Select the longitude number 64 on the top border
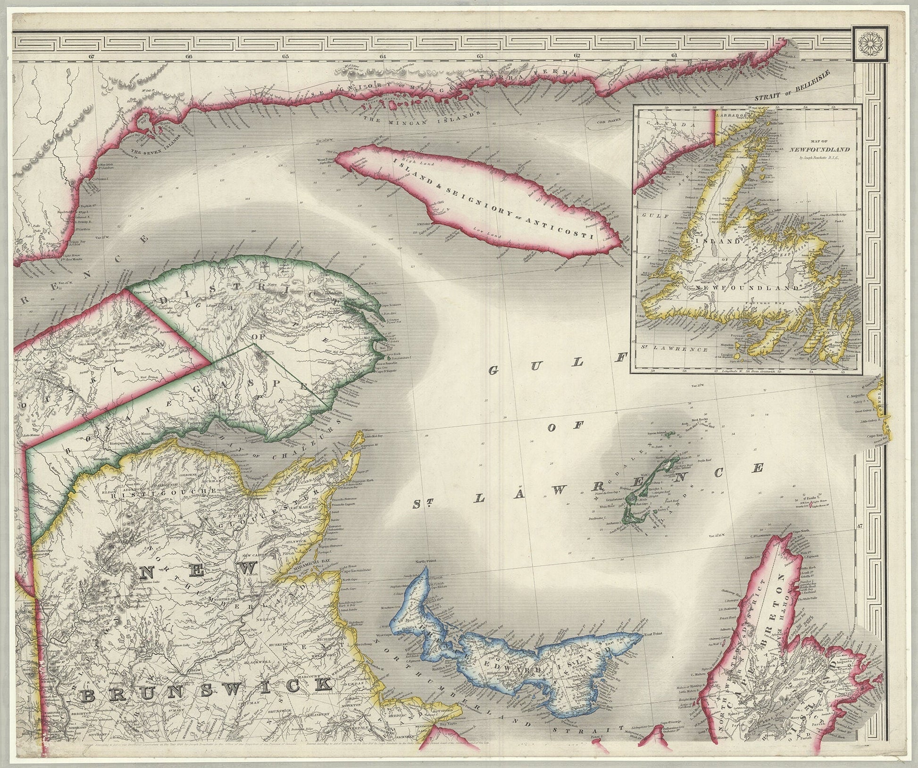(383, 57)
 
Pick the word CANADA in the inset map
(669, 124)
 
